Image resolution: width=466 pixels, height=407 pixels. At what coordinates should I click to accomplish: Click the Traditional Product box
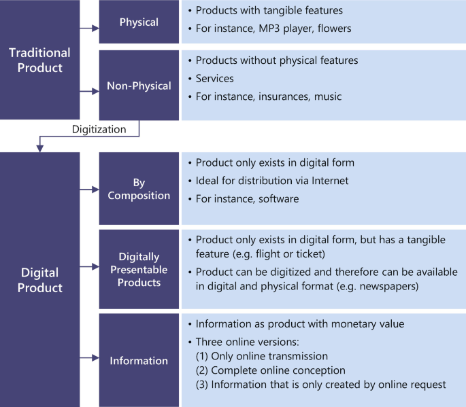[x=39, y=60]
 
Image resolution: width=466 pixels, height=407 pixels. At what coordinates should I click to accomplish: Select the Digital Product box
[x=39, y=279]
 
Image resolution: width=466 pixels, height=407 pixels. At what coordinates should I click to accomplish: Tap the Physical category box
[x=138, y=22]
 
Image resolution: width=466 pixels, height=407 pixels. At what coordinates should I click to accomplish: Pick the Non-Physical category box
[x=138, y=86]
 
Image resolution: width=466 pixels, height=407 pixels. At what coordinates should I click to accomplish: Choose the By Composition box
[x=138, y=188]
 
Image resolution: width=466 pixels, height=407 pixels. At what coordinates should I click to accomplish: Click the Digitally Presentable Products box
[x=138, y=269]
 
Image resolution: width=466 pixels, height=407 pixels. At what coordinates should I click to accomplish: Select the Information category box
[x=138, y=359]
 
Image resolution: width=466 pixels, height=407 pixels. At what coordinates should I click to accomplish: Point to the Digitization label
[x=99, y=128]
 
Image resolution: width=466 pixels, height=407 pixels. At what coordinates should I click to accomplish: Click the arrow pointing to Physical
[x=89, y=29]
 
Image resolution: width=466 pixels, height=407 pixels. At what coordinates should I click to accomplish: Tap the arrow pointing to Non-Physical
[x=89, y=90]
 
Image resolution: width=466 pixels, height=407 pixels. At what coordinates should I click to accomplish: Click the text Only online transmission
[x=269, y=356]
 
